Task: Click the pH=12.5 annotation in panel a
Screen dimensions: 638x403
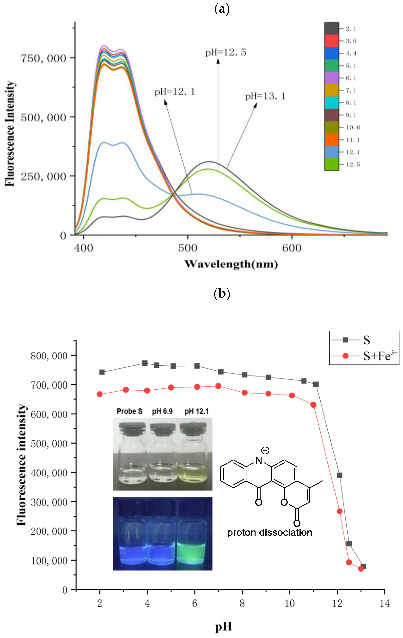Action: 226,52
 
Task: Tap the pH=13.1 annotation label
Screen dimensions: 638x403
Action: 265,96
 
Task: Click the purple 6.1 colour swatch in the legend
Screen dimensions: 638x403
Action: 331,78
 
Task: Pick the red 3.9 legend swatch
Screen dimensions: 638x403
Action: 331,41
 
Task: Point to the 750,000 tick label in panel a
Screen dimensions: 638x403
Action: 43,58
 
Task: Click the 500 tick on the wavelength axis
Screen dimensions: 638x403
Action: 188,248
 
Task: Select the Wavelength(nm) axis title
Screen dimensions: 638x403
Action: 231,264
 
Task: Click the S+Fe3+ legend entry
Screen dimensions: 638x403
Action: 380,356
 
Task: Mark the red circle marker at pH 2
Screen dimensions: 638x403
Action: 100,394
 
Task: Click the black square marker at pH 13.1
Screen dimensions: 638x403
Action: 363,566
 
